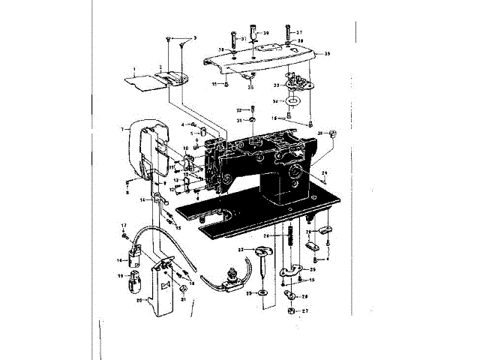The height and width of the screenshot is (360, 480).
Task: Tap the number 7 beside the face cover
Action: [121, 129]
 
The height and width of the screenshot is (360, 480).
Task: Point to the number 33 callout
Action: [276, 86]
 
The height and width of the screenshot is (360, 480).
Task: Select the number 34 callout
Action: [275, 100]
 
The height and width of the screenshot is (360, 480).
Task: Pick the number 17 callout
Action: [124, 225]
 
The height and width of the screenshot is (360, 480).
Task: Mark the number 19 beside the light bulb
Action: [119, 276]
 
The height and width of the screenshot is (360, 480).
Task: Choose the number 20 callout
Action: [139, 299]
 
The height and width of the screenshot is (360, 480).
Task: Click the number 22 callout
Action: [241, 250]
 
